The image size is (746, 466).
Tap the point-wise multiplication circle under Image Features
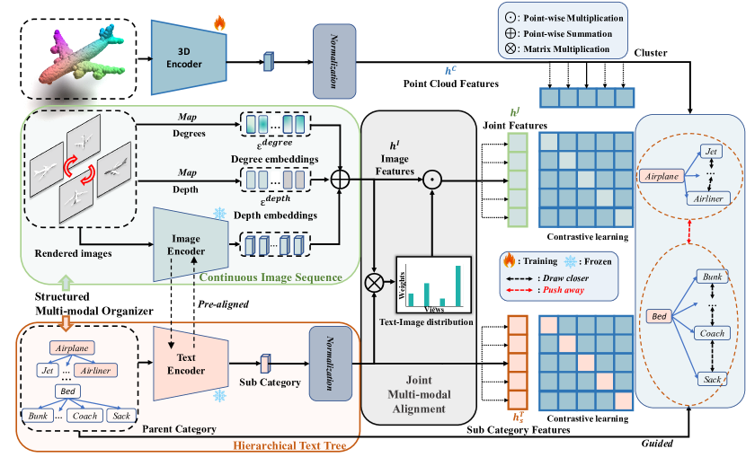[432, 180]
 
